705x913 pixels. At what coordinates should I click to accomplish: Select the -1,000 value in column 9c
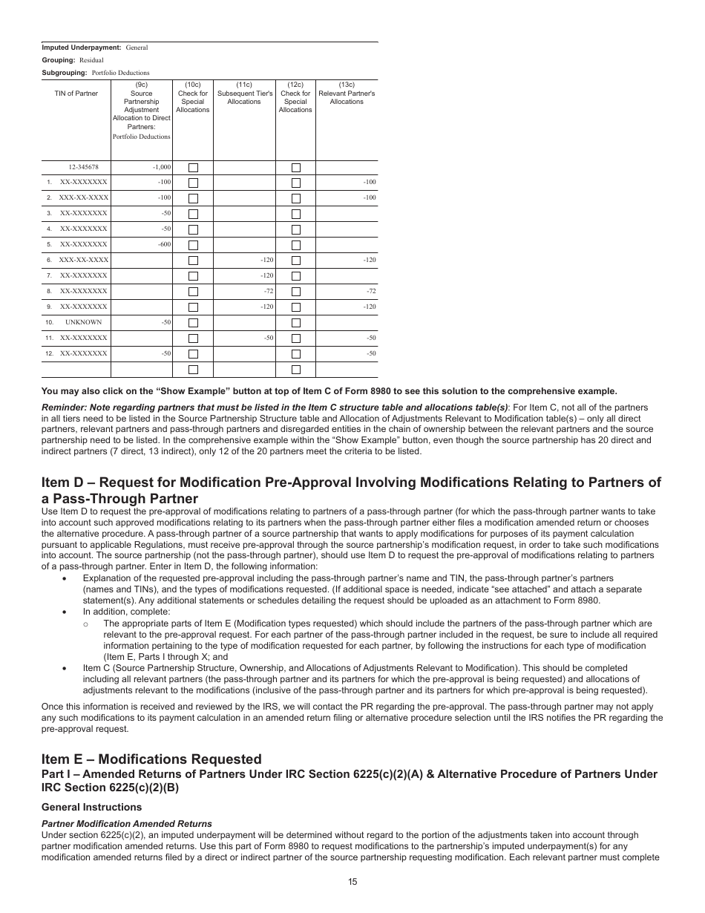coord(161,167)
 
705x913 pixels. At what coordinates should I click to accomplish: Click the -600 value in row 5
coord(164,244)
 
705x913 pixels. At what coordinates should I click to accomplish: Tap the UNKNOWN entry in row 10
coord(83,322)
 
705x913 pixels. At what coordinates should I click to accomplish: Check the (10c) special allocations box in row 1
coord(193,183)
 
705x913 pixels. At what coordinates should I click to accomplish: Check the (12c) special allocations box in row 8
coord(295,292)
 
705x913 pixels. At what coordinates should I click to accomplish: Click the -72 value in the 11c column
coord(268,291)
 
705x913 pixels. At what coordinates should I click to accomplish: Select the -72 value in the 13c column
coord(370,291)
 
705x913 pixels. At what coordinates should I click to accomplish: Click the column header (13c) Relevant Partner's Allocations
coord(347,97)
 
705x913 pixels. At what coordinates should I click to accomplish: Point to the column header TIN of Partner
coord(76,94)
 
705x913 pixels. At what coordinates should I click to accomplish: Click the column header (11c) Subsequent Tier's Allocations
coord(244,97)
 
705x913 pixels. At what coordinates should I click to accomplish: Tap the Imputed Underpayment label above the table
coord(81,48)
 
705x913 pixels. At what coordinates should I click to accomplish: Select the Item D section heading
coord(351,490)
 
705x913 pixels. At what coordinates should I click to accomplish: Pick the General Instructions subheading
coord(91,807)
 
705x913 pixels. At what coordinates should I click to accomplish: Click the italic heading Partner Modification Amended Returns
coord(126,823)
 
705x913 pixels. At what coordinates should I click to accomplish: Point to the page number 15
coord(352,882)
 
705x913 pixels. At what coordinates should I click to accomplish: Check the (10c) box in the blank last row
coord(193,370)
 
